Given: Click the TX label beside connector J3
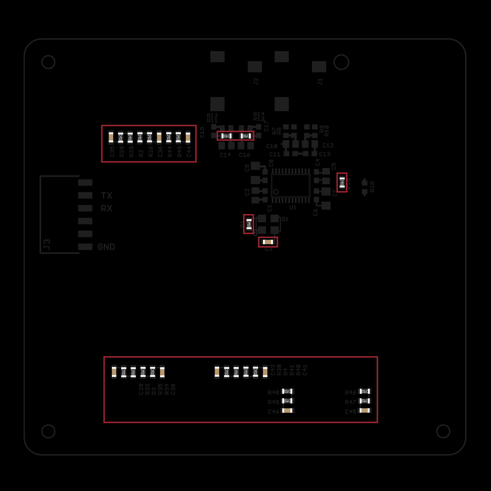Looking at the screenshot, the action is (x=107, y=195).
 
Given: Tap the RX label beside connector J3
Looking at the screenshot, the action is (x=107, y=208).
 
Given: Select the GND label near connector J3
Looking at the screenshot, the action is (x=106, y=247).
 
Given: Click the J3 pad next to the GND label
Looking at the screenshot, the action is (x=85, y=246).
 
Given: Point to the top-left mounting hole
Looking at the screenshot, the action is (x=48, y=62).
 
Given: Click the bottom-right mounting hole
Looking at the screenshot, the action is (x=443, y=431).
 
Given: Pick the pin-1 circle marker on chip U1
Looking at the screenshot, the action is (x=276, y=192).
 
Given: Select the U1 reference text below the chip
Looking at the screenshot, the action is (x=293, y=208).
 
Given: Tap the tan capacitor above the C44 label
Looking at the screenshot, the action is (x=188, y=137).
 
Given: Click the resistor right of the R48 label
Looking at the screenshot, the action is (x=287, y=391).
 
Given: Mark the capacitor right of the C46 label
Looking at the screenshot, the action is (x=287, y=410).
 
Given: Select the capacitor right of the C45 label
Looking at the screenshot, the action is (x=365, y=410).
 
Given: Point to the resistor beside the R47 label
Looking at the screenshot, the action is (x=365, y=401).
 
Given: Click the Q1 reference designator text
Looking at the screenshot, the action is (x=285, y=219).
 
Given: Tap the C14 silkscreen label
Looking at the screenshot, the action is (x=225, y=155).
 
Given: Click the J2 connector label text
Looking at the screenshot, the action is (x=256, y=81).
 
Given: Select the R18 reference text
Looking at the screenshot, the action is (x=372, y=187).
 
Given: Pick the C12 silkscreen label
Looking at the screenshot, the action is (x=328, y=145).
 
